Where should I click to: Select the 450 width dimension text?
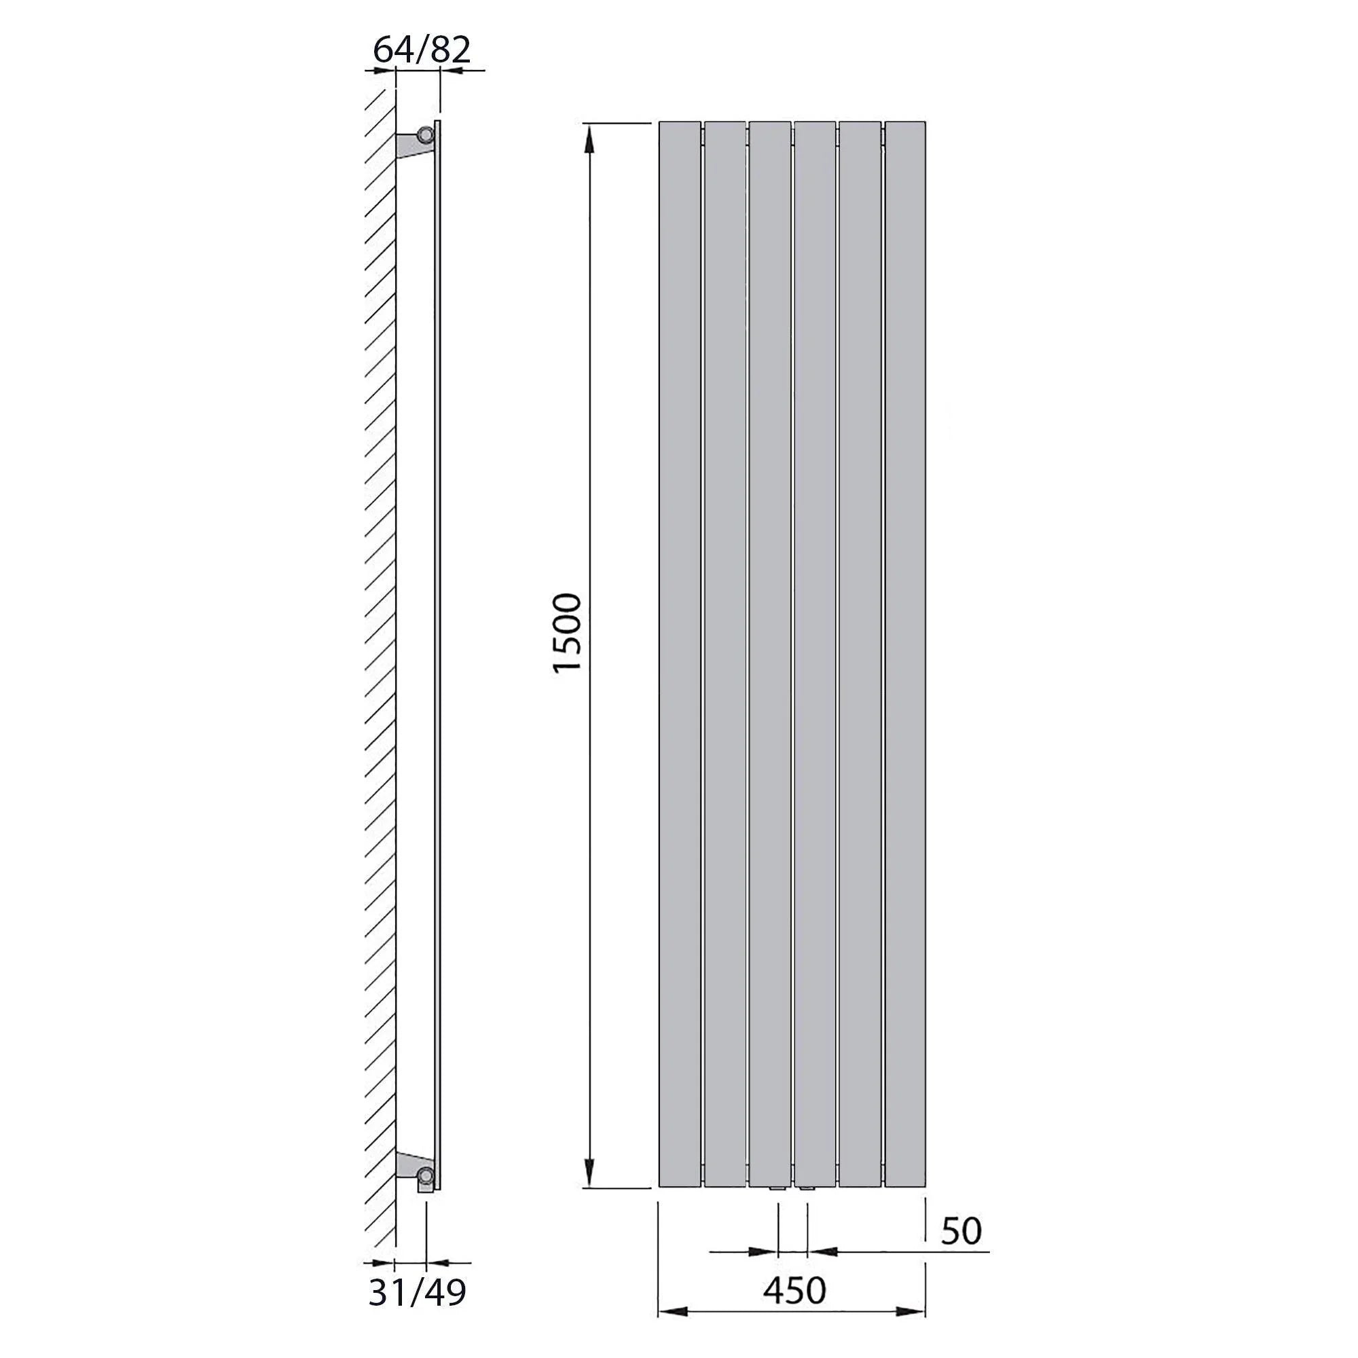[x=795, y=1290]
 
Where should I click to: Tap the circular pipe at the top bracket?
[x=426, y=134]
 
